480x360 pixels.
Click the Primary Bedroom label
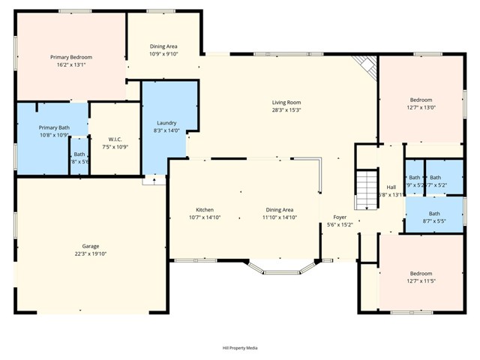click(70, 57)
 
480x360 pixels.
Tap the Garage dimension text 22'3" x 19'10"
click(91, 254)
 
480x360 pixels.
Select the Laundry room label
click(166, 122)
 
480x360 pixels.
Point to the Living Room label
click(286, 102)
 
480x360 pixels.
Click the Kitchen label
click(205, 209)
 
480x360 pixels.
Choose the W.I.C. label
click(115, 139)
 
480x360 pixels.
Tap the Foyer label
click(340, 217)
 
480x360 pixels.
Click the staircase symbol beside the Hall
click(365, 190)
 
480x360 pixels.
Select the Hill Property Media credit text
click(240, 348)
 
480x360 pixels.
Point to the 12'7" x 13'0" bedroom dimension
click(421, 107)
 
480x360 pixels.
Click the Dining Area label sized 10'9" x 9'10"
click(163, 54)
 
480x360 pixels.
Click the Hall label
click(391, 187)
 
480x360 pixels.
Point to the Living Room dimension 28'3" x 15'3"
click(286, 110)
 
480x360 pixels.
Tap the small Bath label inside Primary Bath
click(79, 154)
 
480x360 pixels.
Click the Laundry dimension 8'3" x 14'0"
click(166, 130)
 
